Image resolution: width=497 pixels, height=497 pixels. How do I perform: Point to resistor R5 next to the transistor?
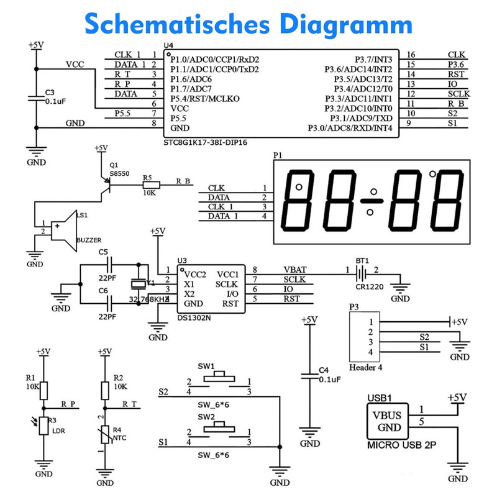coord(151,185)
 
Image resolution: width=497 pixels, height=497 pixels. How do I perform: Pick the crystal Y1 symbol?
coord(139,284)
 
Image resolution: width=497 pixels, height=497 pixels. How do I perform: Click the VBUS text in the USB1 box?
coord(386,415)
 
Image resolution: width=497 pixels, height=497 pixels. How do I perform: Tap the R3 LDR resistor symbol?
coord(43,426)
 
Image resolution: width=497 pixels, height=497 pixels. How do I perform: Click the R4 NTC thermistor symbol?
coord(104,432)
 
